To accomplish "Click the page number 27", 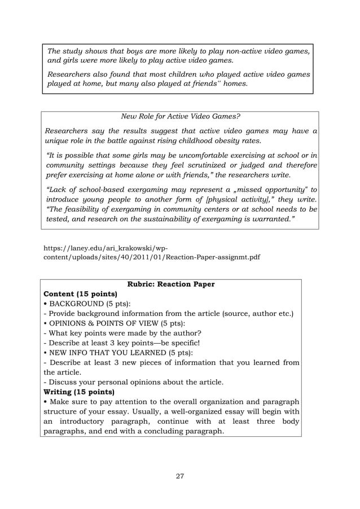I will click(180, 476).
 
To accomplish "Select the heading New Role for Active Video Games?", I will click(180, 117).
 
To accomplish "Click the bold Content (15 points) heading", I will click(81, 294).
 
